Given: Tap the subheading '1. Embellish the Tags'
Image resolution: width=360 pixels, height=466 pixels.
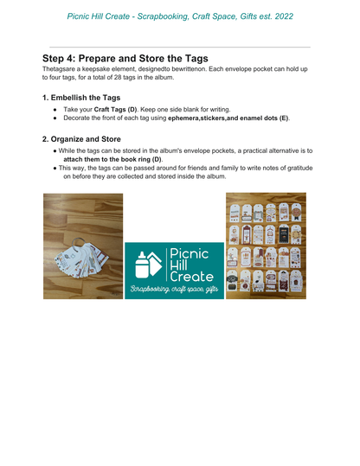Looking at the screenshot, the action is click(x=81, y=98).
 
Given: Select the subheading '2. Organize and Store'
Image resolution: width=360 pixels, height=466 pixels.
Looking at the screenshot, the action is click(x=81, y=138).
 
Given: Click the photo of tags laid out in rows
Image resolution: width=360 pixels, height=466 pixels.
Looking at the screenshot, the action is click(x=266, y=246).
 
